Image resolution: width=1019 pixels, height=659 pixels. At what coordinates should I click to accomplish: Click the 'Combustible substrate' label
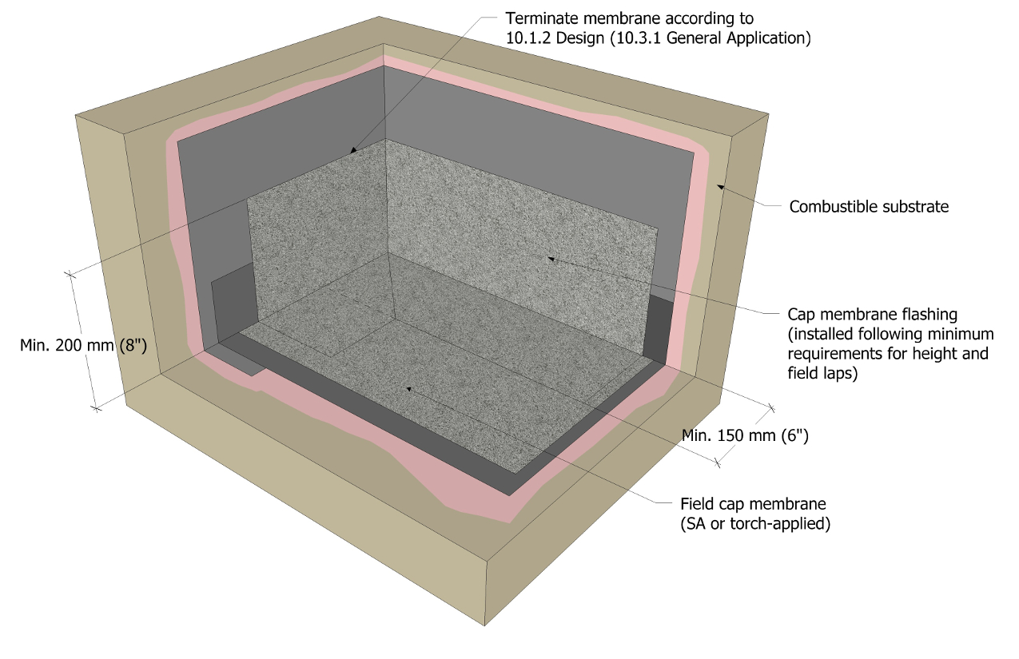[x=869, y=207]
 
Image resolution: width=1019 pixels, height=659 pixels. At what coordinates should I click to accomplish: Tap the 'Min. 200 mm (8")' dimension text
[x=83, y=346]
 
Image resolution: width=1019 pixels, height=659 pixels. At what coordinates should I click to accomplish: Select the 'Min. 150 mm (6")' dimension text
[x=745, y=435]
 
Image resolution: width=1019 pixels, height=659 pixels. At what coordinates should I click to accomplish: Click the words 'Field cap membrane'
[x=753, y=504]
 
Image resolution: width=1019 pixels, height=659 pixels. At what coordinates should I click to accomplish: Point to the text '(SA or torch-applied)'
[x=755, y=524]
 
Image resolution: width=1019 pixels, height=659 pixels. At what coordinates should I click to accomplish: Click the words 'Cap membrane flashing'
[x=873, y=314]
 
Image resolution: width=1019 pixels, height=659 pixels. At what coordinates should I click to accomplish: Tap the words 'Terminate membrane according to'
[x=630, y=18]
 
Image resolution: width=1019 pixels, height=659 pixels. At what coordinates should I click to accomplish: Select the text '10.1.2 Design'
[x=555, y=38]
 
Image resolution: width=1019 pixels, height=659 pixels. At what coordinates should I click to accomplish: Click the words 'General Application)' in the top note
[x=738, y=38]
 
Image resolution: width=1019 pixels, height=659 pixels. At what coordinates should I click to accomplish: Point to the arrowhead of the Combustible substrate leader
[x=719, y=186]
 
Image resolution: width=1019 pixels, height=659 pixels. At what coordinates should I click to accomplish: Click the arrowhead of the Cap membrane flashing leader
[x=551, y=258]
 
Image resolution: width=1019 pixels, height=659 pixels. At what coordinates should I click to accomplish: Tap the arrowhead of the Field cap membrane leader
[x=409, y=389]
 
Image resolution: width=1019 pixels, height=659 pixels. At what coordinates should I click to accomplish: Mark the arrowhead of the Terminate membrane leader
[x=352, y=150]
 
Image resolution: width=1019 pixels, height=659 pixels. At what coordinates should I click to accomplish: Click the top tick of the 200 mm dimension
[x=70, y=274]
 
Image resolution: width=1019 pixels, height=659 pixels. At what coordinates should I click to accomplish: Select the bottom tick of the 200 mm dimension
[x=96, y=408]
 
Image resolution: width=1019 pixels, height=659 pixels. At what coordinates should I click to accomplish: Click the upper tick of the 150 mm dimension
[x=771, y=408]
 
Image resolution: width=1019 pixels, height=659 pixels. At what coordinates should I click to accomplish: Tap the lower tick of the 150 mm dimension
[x=718, y=463]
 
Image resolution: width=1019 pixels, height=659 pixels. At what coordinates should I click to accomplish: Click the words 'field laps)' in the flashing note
[x=822, y=373]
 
